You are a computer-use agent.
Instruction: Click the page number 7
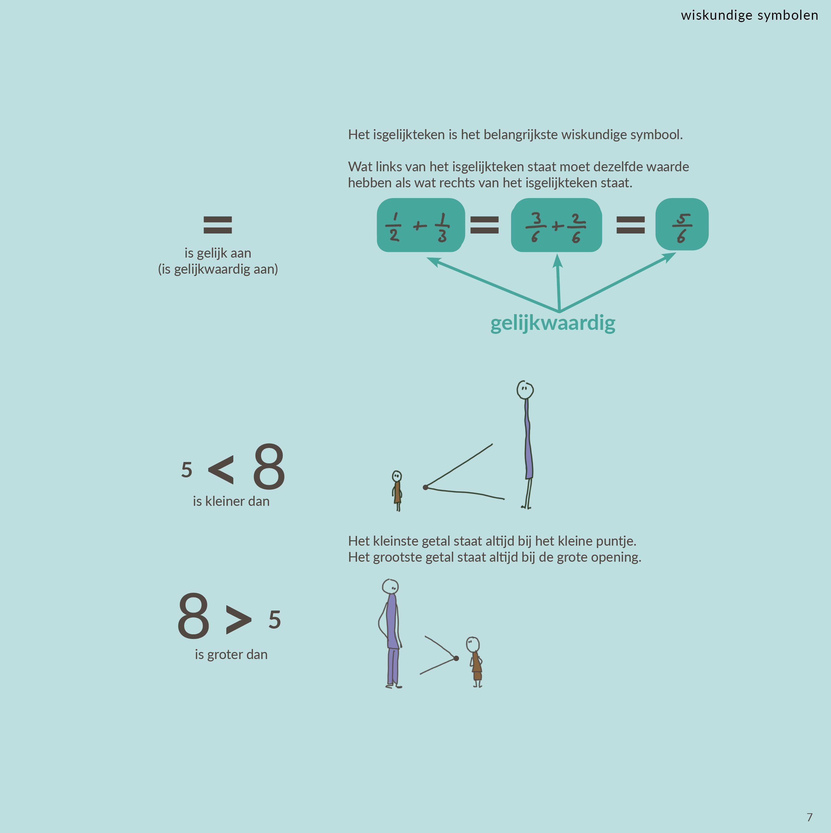810,817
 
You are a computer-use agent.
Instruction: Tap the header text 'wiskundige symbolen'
749,15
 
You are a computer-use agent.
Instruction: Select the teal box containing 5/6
682,224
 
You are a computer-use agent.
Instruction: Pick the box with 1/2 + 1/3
421,225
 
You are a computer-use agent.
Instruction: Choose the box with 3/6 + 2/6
556,225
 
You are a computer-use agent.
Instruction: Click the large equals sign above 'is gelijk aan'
218,224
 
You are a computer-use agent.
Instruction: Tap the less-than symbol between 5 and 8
221,470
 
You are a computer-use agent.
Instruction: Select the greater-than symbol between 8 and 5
238,620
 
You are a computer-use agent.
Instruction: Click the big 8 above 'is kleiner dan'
269,467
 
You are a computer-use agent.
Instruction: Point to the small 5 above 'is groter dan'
275,620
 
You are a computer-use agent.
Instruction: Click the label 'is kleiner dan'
231,501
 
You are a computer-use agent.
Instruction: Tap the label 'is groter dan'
231,654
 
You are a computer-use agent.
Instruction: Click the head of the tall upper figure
525,390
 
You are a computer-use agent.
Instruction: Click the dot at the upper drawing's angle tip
426,487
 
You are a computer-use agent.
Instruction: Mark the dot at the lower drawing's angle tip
456,658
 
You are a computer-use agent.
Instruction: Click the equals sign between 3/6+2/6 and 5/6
631,224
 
